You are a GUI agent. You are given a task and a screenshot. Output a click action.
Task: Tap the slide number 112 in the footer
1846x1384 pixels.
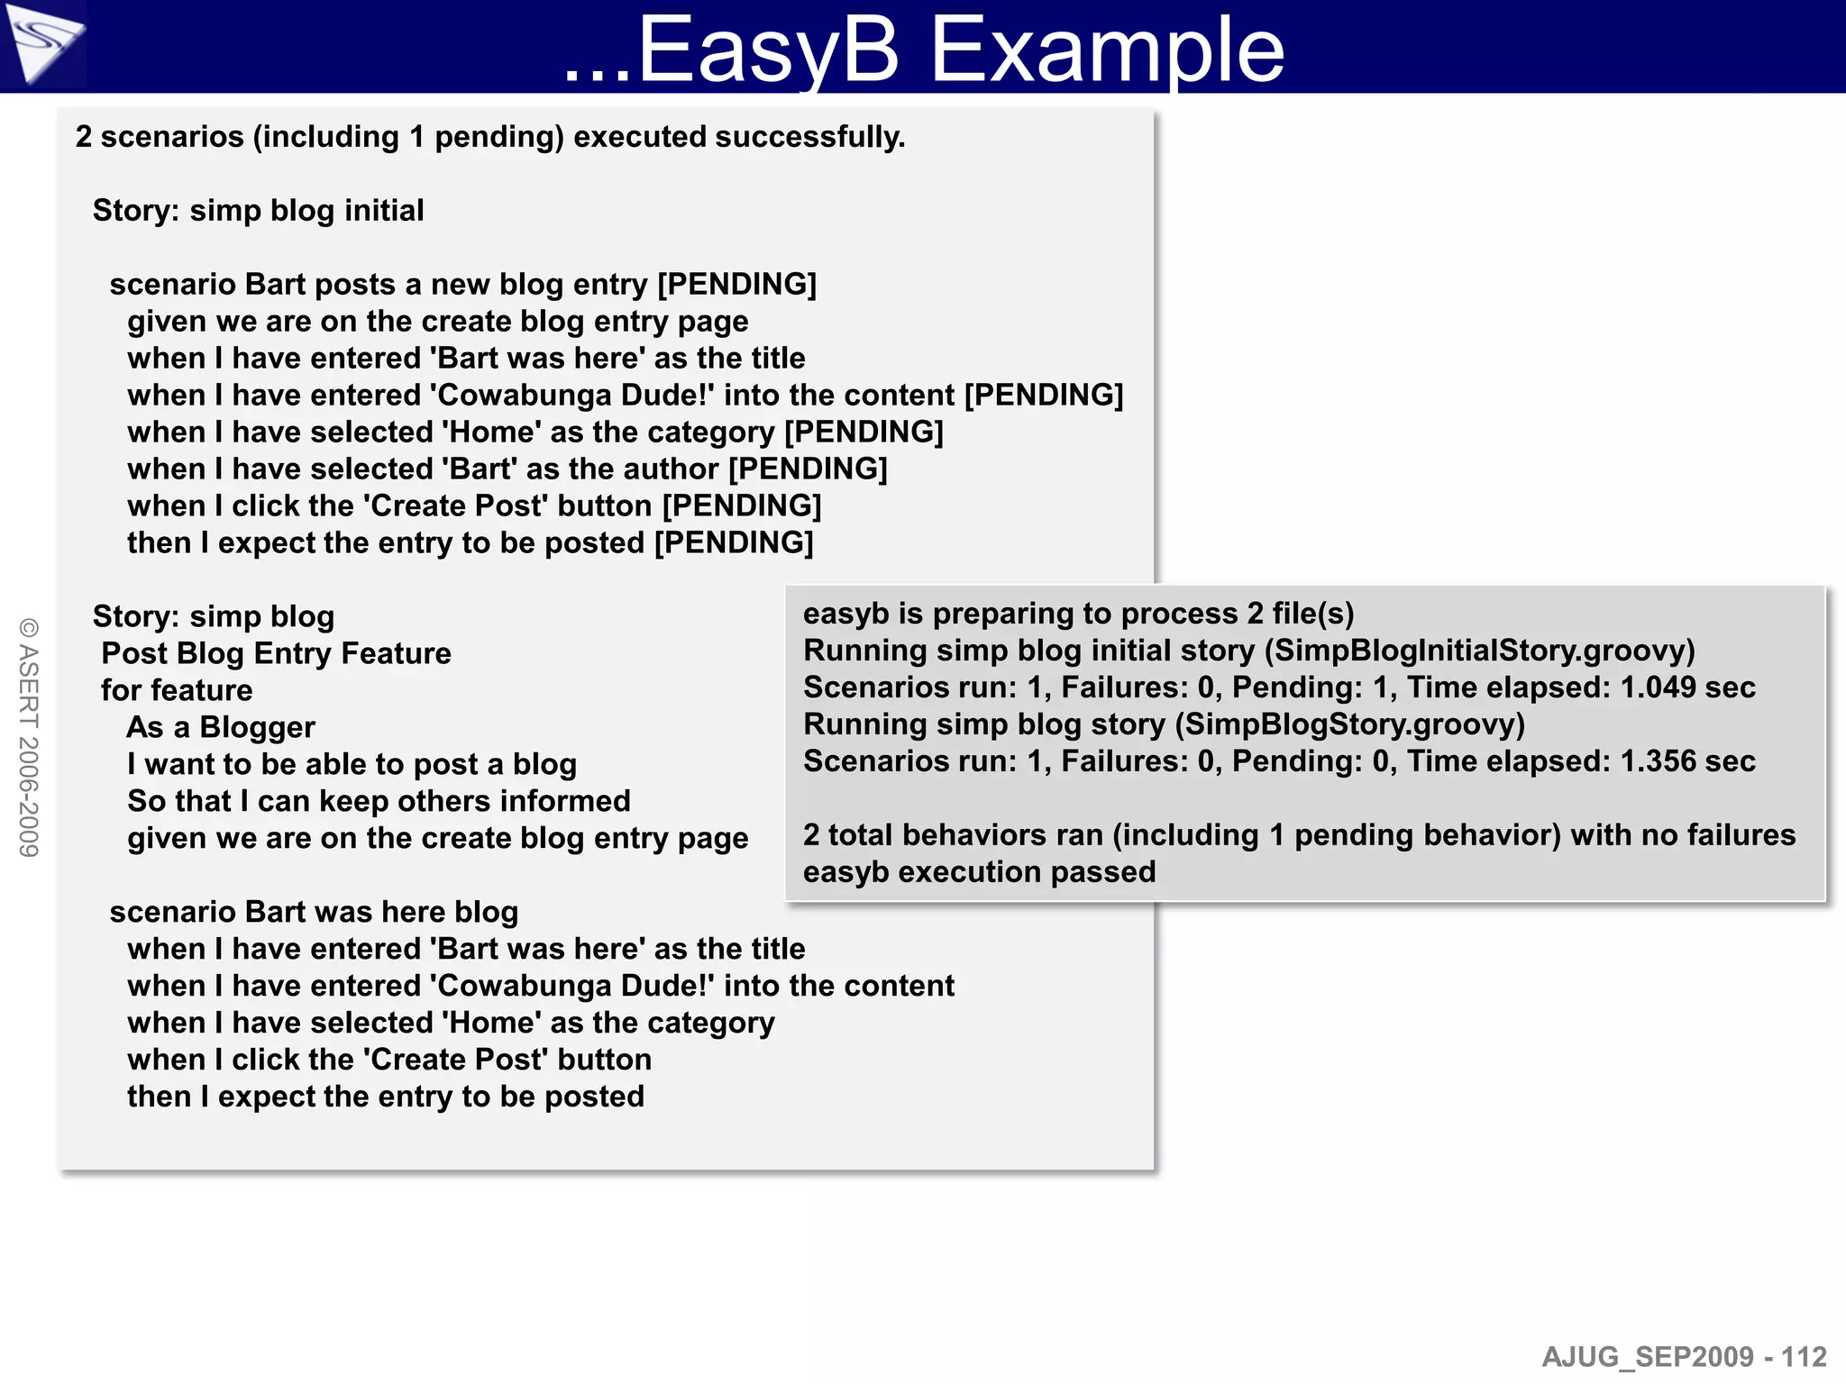point(1804,1357)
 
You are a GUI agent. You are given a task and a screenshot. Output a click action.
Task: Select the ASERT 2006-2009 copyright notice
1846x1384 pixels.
point(29,737)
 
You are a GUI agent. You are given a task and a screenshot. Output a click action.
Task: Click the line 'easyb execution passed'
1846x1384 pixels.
point(979,872)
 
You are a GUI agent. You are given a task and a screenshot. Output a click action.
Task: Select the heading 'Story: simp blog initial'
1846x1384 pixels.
point(258,211)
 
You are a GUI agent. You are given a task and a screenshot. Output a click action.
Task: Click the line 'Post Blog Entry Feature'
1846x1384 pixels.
point(276,653)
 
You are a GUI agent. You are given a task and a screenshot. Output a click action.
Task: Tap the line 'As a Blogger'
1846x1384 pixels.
point(221,727)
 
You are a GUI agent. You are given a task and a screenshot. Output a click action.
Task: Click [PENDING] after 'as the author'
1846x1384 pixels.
point(808,469)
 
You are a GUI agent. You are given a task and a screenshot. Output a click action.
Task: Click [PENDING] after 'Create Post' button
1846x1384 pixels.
point(742,505)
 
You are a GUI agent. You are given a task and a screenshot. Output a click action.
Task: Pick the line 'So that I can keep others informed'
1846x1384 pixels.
point(379,801)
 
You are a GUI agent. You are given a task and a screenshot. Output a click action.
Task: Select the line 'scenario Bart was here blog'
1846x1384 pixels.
point(314,912)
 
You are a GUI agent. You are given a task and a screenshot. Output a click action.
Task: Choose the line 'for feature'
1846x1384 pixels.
point(177,690)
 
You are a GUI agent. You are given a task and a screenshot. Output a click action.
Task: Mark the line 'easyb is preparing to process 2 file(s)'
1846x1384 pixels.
point(1078,614)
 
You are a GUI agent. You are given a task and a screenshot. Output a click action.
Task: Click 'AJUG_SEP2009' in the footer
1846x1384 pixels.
point(1648,1357)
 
